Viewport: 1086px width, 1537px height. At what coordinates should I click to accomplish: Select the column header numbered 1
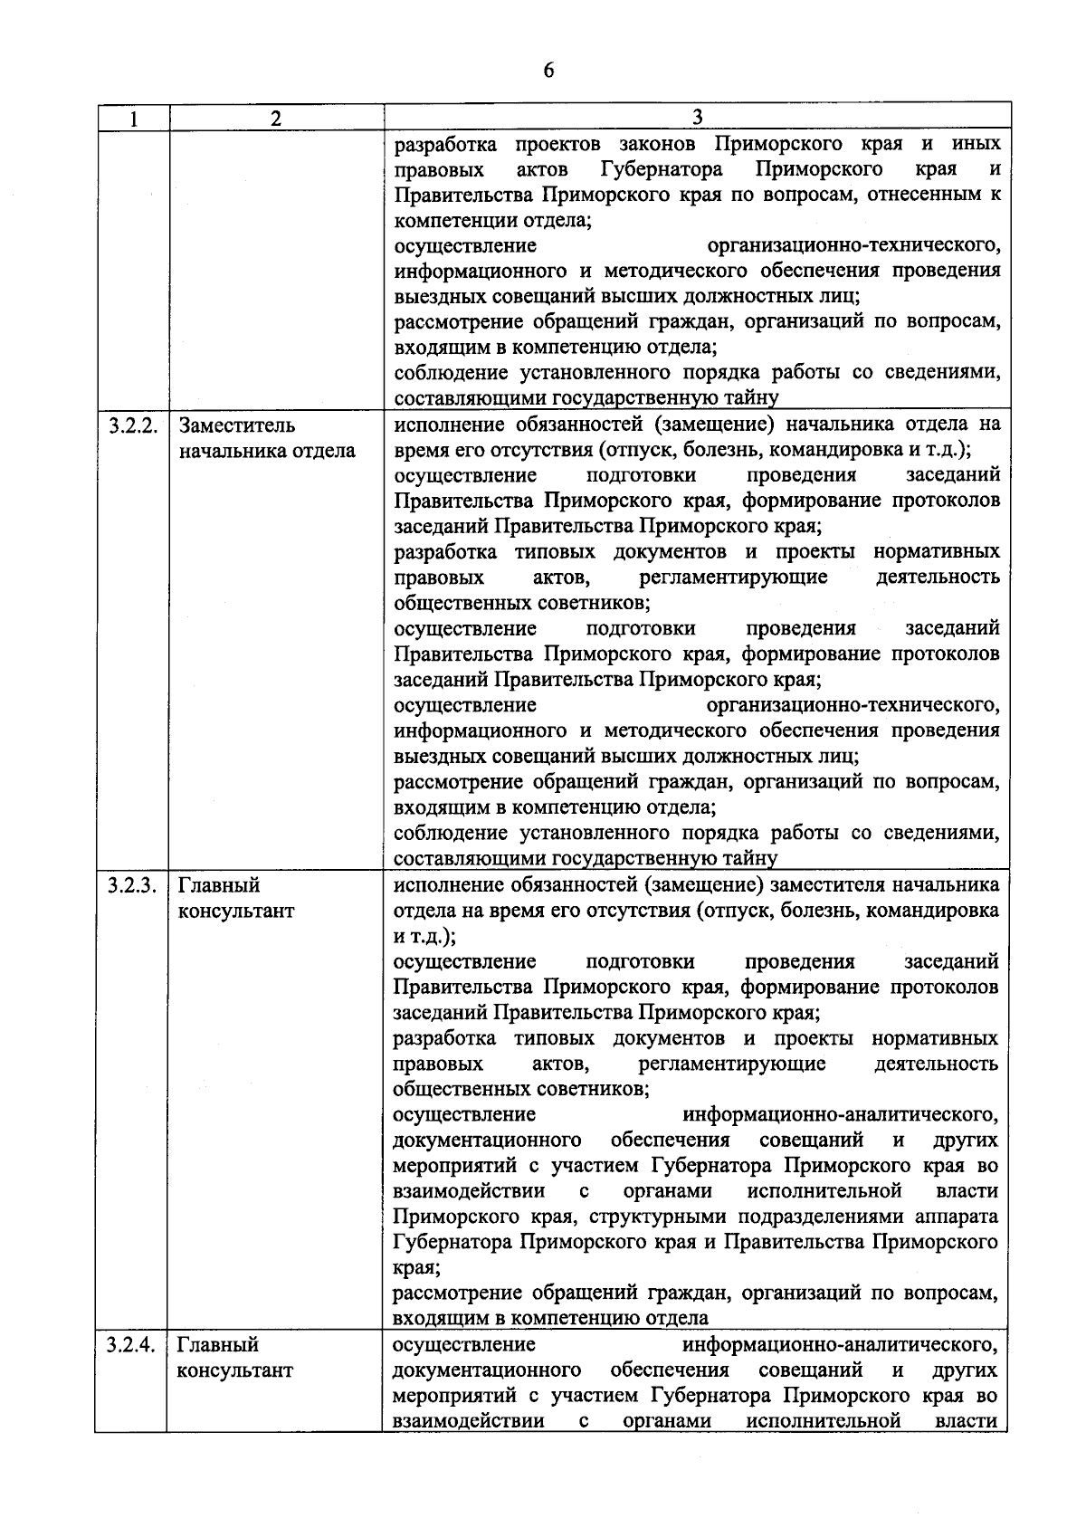point(133,119)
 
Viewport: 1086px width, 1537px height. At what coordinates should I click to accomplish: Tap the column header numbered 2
point(276,119)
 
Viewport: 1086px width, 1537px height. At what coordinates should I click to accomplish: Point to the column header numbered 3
point(697,118)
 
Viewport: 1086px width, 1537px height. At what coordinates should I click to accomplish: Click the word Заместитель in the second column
point(237,425)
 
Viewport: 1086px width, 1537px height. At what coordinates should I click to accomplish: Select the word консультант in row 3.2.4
point(235,1370)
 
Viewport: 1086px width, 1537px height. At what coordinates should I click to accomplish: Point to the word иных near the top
point(976,144)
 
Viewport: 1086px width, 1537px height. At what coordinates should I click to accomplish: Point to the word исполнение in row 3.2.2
point(440,425)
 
